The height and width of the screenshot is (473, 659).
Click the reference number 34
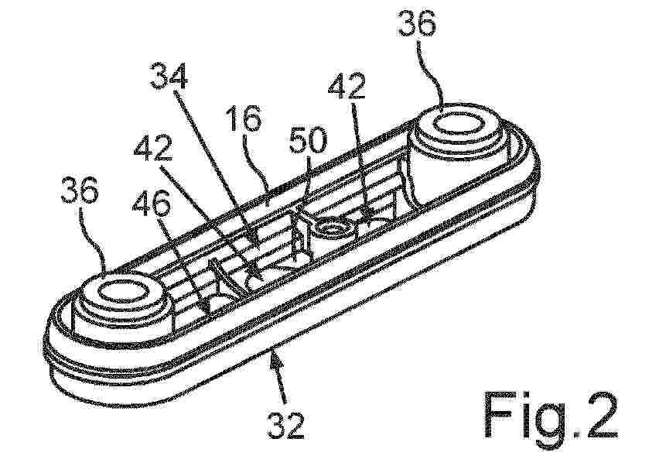[169, 76]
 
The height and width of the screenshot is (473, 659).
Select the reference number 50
[307, 141]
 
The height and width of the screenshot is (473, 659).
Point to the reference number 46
[152, 204]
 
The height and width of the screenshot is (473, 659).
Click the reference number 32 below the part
[285, 425]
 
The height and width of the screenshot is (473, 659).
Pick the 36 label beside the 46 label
[80, 190]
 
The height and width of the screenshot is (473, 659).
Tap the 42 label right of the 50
[347, 87]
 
